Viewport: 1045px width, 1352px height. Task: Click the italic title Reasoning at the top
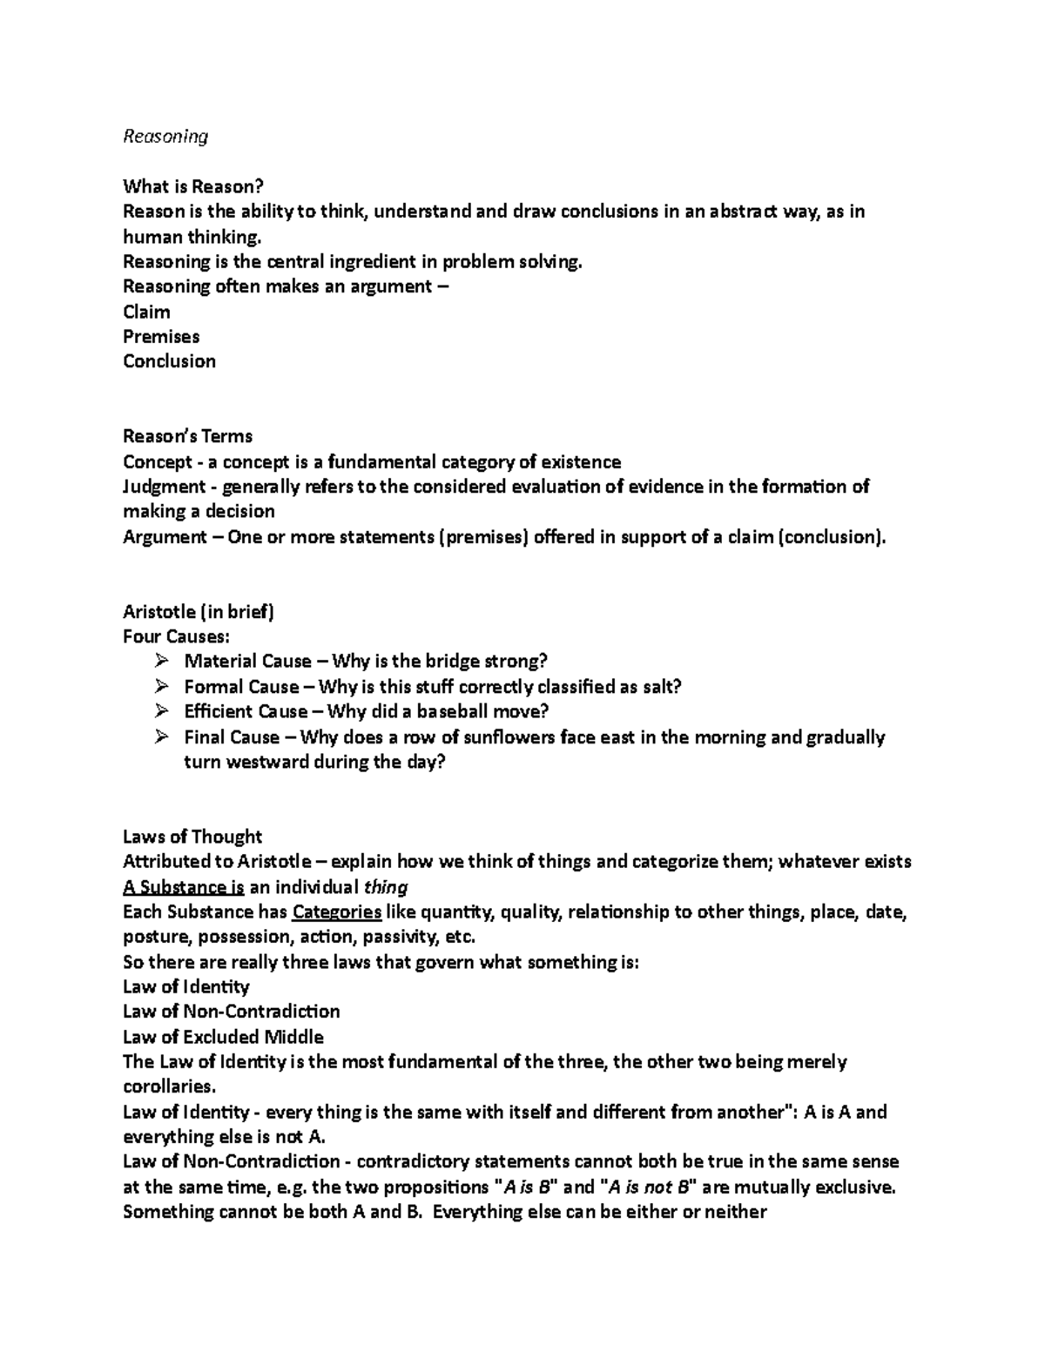(165, 137)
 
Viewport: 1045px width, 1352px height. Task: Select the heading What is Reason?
(192, 186)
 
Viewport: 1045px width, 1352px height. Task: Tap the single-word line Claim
(146, 312)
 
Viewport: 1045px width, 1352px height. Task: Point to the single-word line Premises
(161, 337)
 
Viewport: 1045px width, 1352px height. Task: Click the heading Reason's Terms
(187, 436)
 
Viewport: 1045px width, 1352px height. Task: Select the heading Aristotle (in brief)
(199, 612)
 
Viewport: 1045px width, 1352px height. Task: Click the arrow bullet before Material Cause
(161, 662)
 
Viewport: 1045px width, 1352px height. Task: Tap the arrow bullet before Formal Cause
(161, 687)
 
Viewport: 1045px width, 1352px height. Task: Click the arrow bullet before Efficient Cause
(161, 711)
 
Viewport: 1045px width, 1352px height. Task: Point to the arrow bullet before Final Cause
(161, 737)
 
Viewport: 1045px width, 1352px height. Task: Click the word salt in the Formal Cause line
(659, 687)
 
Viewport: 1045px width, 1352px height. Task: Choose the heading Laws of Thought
(192, 837)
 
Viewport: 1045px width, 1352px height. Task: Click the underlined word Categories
(337, 912)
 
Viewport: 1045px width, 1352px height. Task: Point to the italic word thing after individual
(386, 888)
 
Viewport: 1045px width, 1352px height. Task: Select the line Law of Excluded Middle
(223, 1038)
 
